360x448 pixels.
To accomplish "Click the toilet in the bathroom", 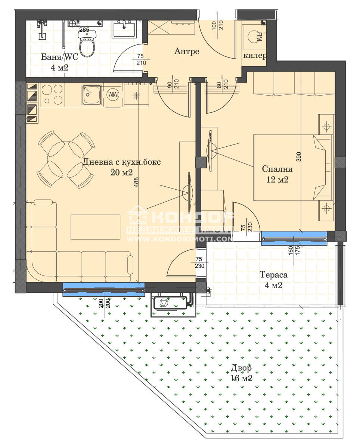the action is click(x=87, y=43).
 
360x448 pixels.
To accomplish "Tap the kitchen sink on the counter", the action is click(x=91, y=95).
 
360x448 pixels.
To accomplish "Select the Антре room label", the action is click(x=187, y=51).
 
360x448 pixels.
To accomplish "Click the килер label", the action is click(x=255, y=56).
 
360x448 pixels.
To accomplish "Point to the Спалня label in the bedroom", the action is click(x=277, y=169).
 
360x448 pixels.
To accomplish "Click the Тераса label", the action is click(x=273, y=275).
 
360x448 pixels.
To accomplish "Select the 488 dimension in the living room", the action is click(x=136, y=182).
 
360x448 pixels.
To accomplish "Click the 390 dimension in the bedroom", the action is click(x=299, y=156).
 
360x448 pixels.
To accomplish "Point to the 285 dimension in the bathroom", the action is click(x=84, y=30).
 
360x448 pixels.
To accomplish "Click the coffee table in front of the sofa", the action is click(x=95, y=227).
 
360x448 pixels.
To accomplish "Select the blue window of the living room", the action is click(x=104, y=289).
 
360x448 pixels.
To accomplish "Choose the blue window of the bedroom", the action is click(x=294, y=238).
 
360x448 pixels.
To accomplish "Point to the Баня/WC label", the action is click(x=59, y=57).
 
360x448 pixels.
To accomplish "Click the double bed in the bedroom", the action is click(x=293, y=168).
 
